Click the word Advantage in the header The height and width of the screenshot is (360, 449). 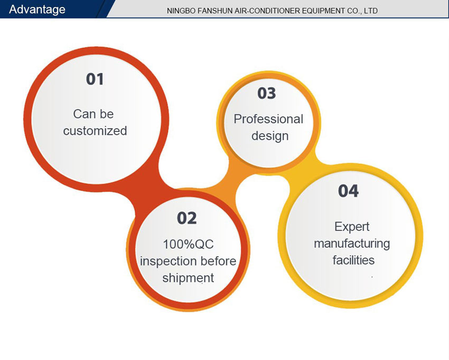click(x=37, y=10)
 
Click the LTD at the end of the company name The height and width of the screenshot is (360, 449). click(x=371, y=11)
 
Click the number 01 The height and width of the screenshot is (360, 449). click(x=95, y=79)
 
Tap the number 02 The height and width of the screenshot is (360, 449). click(x=186, y=218)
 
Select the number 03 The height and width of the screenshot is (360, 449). click(x=267, y=93)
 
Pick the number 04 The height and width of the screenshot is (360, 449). click(x=348, y=191)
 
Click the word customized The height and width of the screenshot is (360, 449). click(x=95, y=131)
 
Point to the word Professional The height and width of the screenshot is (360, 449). click(x=268, y=119)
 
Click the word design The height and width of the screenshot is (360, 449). click(x=270, y=136)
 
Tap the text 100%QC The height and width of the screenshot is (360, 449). click(x=188, y=244)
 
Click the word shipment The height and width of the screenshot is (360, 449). click(x=188, y=278)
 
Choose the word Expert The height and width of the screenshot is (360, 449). click(x=352, y=227)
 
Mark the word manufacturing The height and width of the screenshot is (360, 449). click(x=352, y=244)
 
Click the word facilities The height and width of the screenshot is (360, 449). click(x=353, y=260)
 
